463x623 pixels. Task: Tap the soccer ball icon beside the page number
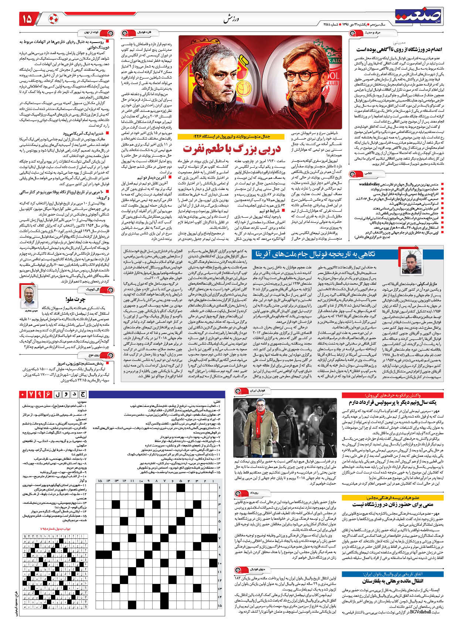[x=53, y=19]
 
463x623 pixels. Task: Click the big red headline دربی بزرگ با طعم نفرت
[x=232, y=148]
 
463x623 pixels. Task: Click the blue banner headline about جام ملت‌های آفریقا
[x=314, y=254]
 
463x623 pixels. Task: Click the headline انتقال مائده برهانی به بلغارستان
[x=402, y=581]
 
